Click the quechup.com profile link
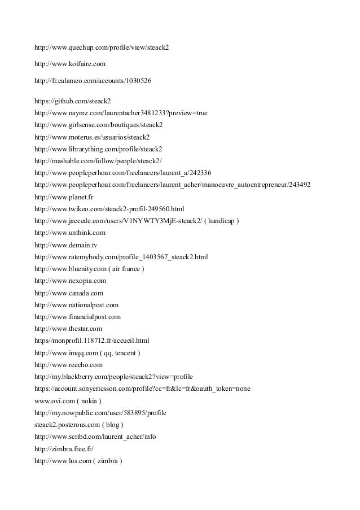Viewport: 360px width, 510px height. point(102,47)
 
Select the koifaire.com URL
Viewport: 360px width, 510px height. point(70,64)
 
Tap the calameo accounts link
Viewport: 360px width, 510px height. point(93,81)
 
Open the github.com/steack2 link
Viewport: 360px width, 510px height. point(73,101)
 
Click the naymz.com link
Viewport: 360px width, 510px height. point(121,113)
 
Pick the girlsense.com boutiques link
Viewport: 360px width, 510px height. point(98,125)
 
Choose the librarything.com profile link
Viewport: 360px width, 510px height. point(98,149)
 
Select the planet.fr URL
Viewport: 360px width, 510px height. point(64,197)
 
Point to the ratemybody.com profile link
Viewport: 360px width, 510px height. point(121,257)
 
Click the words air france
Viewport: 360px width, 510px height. point(126,269)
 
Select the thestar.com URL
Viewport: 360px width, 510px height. point(68,329)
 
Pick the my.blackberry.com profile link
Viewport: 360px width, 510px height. point(113,377)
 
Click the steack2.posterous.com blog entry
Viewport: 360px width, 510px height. point(78,425)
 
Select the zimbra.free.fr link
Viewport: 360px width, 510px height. point(64,448)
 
